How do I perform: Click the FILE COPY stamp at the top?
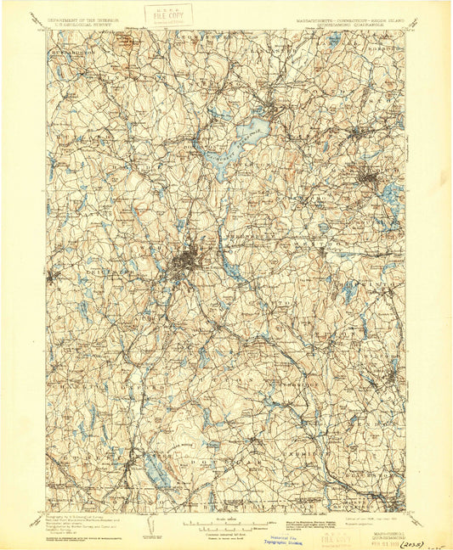(x=167, y=14)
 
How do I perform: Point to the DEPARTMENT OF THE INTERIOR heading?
(x=82, y=18)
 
